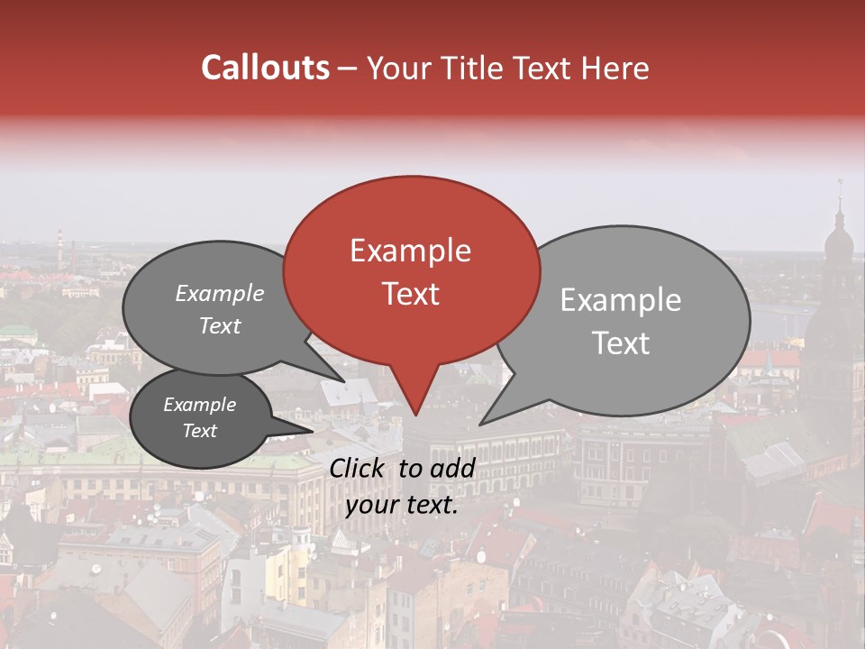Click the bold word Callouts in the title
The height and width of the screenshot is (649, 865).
click(x=265, y=68)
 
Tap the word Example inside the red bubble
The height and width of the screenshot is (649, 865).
click(x=410, y=251)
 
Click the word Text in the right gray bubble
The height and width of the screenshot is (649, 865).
click(x=622, y=343)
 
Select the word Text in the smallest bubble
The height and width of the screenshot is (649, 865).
click(x=200, y=431)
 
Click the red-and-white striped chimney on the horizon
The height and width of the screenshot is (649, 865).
click(x=59, y=242)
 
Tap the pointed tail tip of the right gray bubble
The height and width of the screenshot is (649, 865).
click(x=480, y=424)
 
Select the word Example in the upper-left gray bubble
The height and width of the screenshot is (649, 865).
click(x=219, y=294)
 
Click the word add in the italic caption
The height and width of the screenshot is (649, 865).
click(x=451, y=469)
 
